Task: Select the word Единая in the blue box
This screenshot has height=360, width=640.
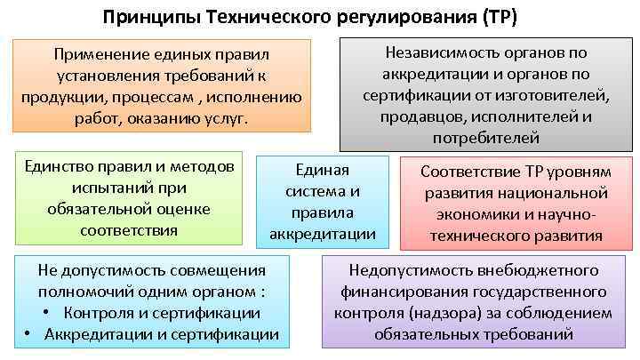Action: pyautogui.click(x=322, y=171)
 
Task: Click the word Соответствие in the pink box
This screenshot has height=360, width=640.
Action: pyautogui.click(x=464, y=172)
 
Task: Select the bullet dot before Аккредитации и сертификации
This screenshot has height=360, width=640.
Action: pyautogui.click(x=28, y=335)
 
